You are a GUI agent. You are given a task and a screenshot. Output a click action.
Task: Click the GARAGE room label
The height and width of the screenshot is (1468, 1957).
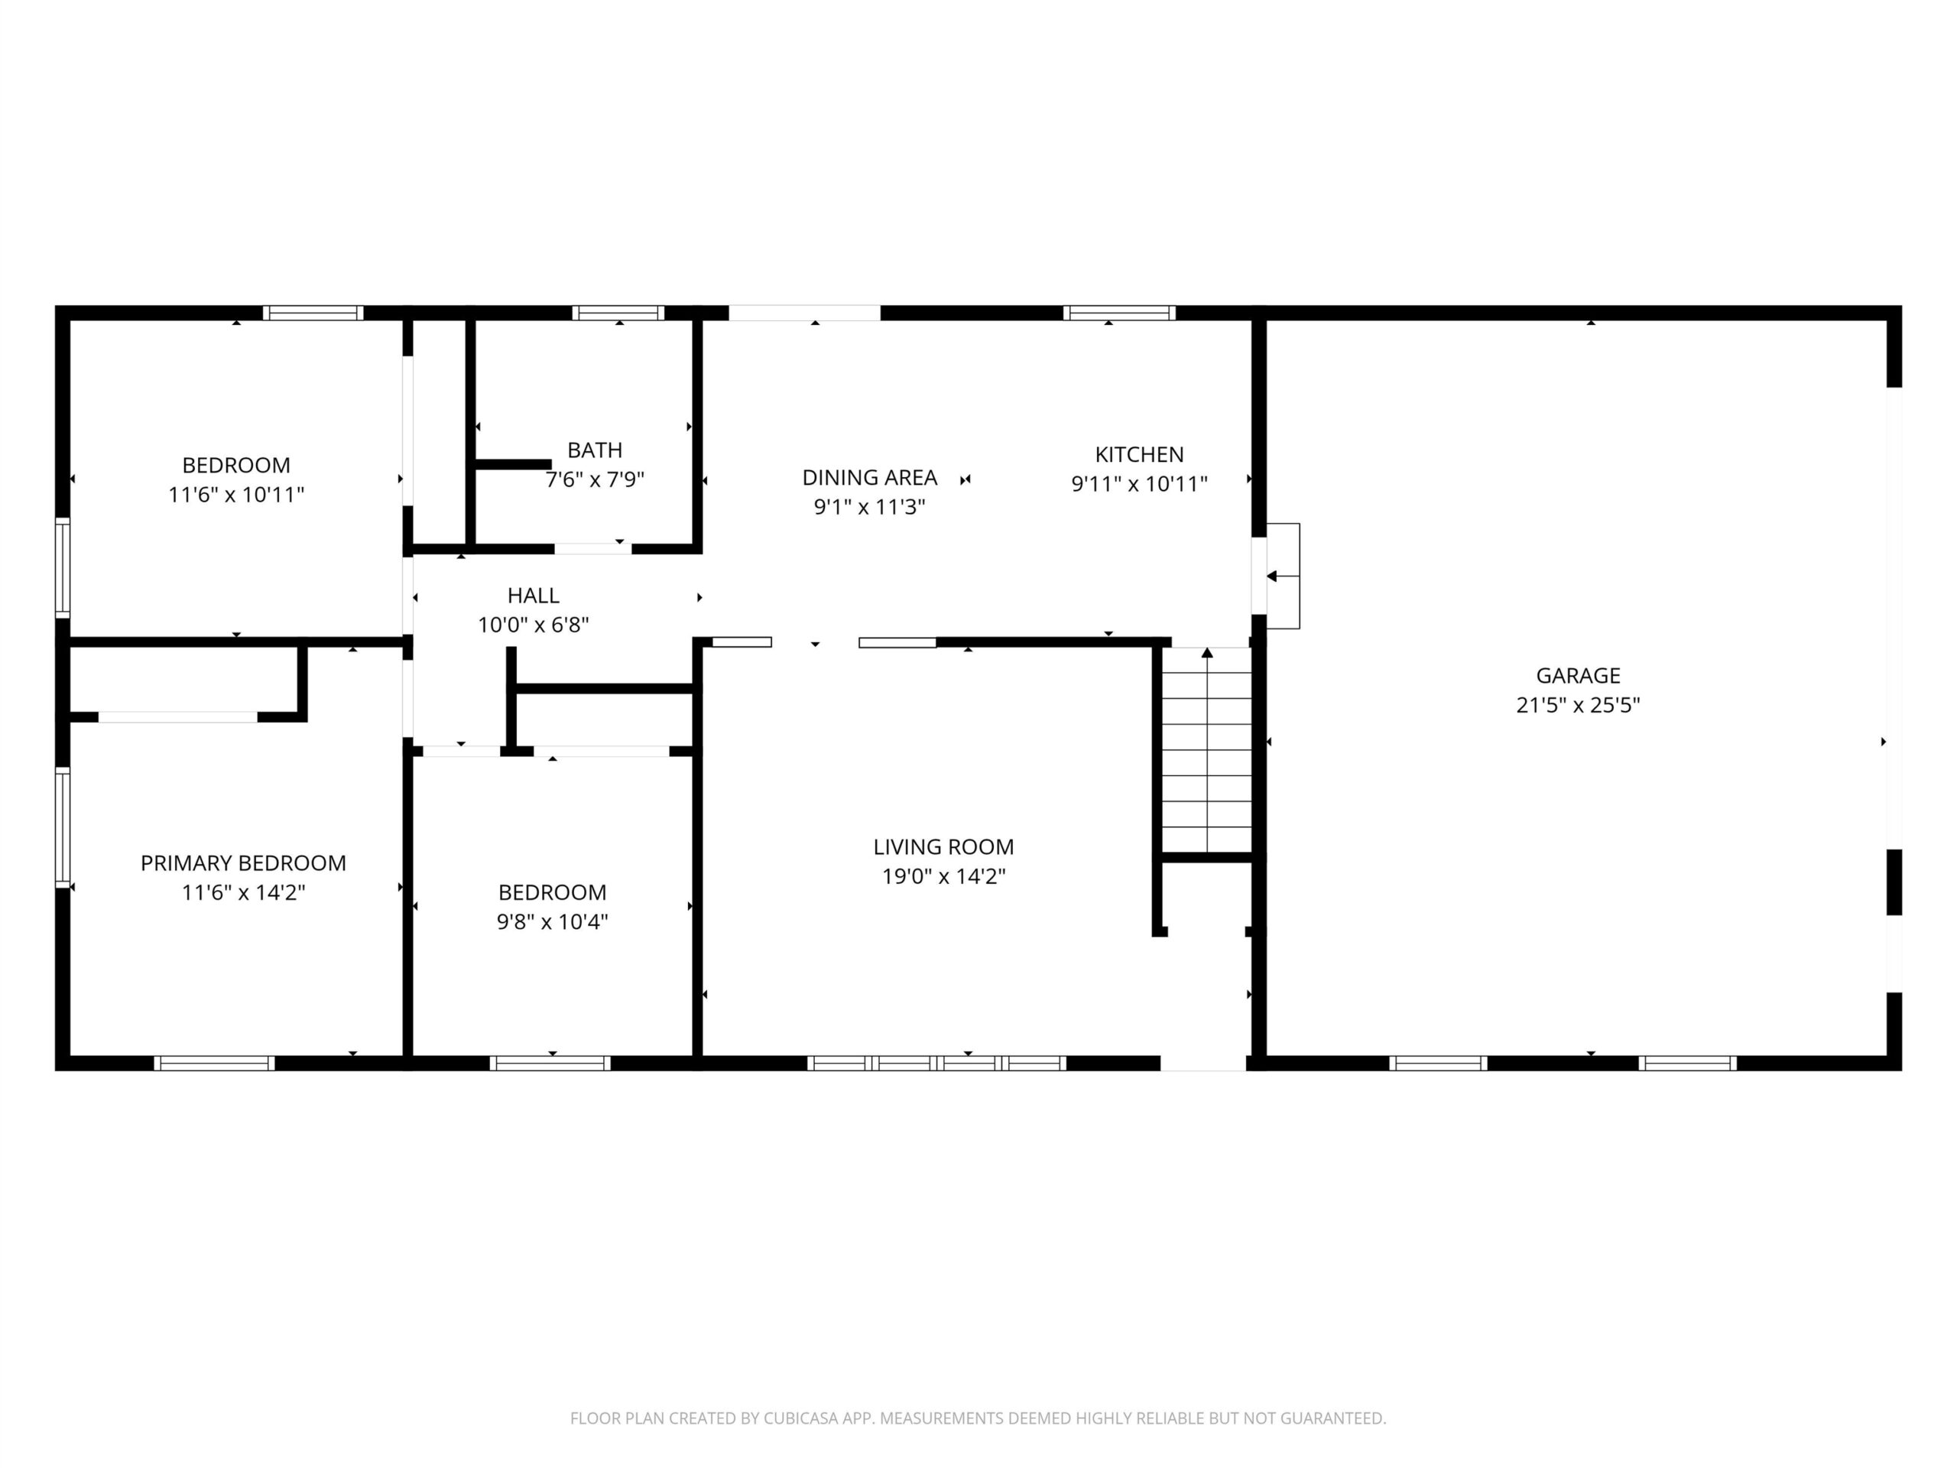tap(1578, 676)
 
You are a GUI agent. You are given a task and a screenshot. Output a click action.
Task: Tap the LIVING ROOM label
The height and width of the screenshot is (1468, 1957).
tap(943, 847)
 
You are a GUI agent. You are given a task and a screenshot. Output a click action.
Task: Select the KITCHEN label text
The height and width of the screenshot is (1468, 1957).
tap(1138, 455)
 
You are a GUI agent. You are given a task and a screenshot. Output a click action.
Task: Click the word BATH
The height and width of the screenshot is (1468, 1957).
tap(595, 450)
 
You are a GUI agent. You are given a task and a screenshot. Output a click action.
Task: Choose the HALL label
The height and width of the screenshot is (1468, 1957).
tap(534, 596)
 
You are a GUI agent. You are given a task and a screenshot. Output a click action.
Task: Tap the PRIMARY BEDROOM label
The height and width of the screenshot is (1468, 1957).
tap(243, 862)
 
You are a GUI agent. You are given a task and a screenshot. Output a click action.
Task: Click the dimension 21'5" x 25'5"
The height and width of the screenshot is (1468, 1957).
tap(1578, 705)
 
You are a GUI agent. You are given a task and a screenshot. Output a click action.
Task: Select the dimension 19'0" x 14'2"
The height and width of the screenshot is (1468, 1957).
tap(943, 876)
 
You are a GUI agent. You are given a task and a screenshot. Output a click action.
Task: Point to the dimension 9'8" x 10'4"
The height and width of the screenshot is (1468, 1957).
tap(552, 921)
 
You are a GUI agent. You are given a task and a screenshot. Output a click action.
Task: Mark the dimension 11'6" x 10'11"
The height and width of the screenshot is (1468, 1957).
tap(236, 495)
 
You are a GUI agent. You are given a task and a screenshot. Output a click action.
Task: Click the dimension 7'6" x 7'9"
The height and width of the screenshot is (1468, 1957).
tap(595, 479)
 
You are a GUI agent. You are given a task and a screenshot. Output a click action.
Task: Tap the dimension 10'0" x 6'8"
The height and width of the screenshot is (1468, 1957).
tap(534, 625)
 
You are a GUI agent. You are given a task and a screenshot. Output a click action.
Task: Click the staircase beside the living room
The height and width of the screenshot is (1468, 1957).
tap(1207, 750)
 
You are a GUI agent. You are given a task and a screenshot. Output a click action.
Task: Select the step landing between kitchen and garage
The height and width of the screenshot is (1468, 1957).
tap(1283, 576)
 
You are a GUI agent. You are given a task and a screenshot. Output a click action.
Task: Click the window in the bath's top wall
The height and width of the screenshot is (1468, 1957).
tap(618, 313)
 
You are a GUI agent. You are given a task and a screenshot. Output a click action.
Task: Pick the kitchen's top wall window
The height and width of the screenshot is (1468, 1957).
tap(1119, 313)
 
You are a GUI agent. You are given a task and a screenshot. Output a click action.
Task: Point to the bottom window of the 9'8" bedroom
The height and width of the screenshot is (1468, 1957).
tap(550, 1063)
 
